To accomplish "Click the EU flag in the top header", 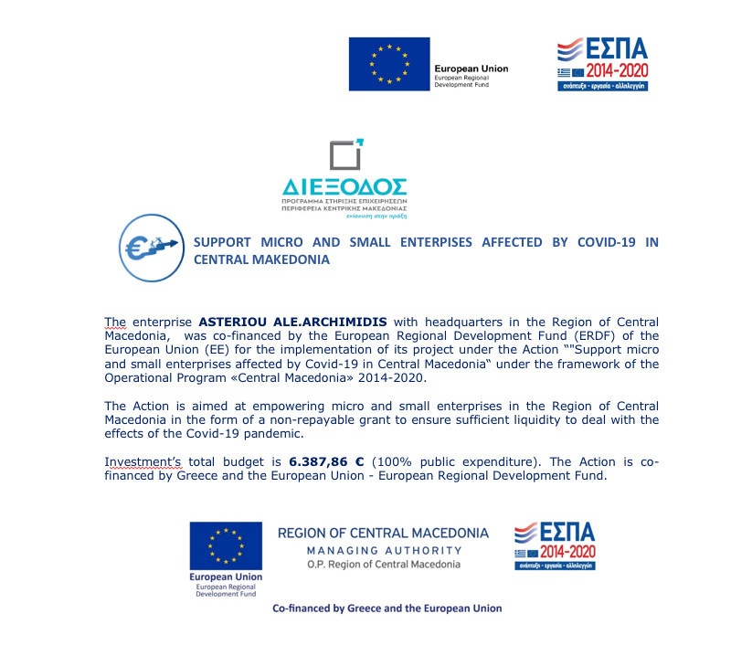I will [x=388, y=64].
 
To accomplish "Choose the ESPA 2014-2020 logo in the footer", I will [x=554, y=546].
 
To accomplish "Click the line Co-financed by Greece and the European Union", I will [x=387, y=608].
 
